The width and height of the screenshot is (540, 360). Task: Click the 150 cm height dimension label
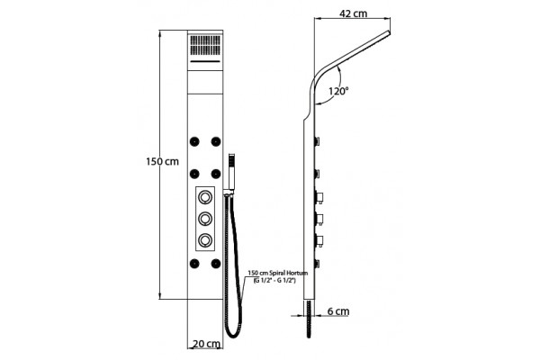(x=162, y=161)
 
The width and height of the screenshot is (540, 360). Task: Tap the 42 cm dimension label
(x=354, y=13)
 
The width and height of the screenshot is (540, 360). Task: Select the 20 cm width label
(x=206, y=344)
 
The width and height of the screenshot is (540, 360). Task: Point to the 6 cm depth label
(x=338, y=311)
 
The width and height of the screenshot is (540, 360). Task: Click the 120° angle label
(x=338, y=91)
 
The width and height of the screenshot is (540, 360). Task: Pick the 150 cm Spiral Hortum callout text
(x=277, y=276)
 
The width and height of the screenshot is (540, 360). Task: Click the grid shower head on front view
(x=205, y=45)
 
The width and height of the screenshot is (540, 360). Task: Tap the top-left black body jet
(x=194, y=141)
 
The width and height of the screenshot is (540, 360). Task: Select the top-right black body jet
(x=216, y=141)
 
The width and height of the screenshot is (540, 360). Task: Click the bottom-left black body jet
(x=194, y=264)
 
